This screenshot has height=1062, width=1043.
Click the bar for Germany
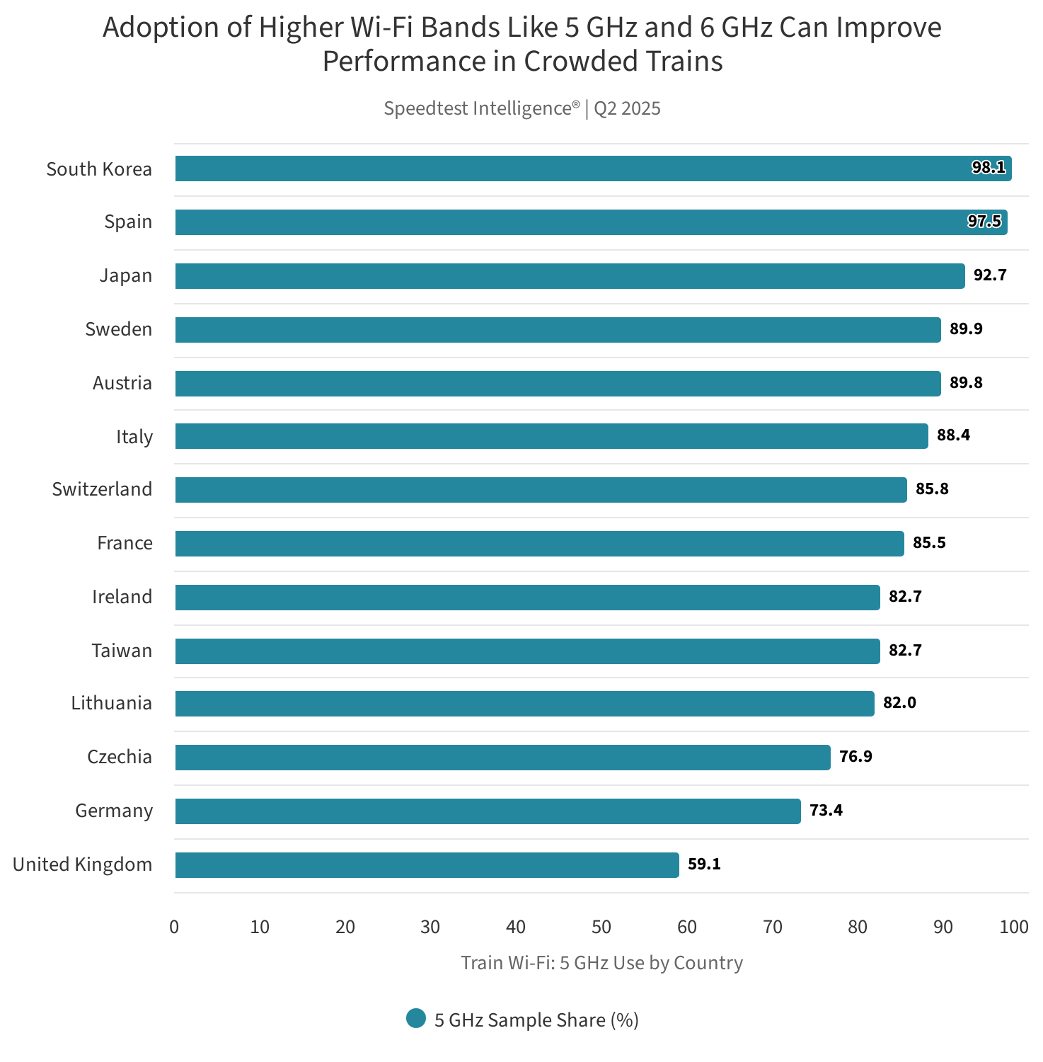[488, 811]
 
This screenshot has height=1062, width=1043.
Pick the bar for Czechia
[502, 757]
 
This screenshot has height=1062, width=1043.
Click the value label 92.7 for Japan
[989, 275]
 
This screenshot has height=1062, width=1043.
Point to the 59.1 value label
[704, 864]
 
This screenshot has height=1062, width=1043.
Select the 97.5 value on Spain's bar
[984, 222]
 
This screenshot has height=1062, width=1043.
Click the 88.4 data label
[953, 435]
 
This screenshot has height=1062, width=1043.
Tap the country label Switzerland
[102, 489]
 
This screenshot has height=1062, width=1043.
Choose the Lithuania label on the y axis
[111, 703]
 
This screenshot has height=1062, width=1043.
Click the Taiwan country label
[122, 651]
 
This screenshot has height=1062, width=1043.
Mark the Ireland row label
[122, 597]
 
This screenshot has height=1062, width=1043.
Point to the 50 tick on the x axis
[601, 927]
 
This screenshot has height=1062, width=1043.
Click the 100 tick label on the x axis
[1013, 927]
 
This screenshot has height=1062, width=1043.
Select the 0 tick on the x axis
[174, 927]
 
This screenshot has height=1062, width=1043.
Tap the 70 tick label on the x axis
[772, 927]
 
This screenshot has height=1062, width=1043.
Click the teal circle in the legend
[416, 1019]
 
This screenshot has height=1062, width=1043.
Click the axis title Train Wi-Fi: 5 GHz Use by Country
[601, 963]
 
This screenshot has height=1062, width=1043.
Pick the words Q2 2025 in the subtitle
[627, 108]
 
